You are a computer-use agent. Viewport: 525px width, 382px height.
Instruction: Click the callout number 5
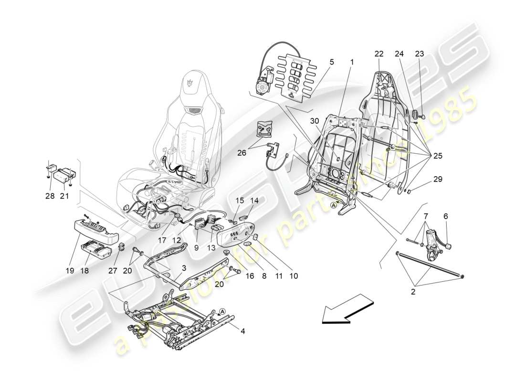point(331,62)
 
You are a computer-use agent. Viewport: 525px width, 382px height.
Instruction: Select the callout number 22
point(378,54)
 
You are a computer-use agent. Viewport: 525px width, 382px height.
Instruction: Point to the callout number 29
point(438,180)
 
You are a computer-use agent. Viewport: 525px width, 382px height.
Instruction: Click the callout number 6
point(445,216)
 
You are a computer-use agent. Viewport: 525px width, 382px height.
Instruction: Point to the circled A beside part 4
point(222,313)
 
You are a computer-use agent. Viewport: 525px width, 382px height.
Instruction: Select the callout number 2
point(413,291)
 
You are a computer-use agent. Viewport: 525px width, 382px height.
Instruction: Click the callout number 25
point(437,156)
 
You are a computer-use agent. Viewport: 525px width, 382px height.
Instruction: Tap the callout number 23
point(420,54)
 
